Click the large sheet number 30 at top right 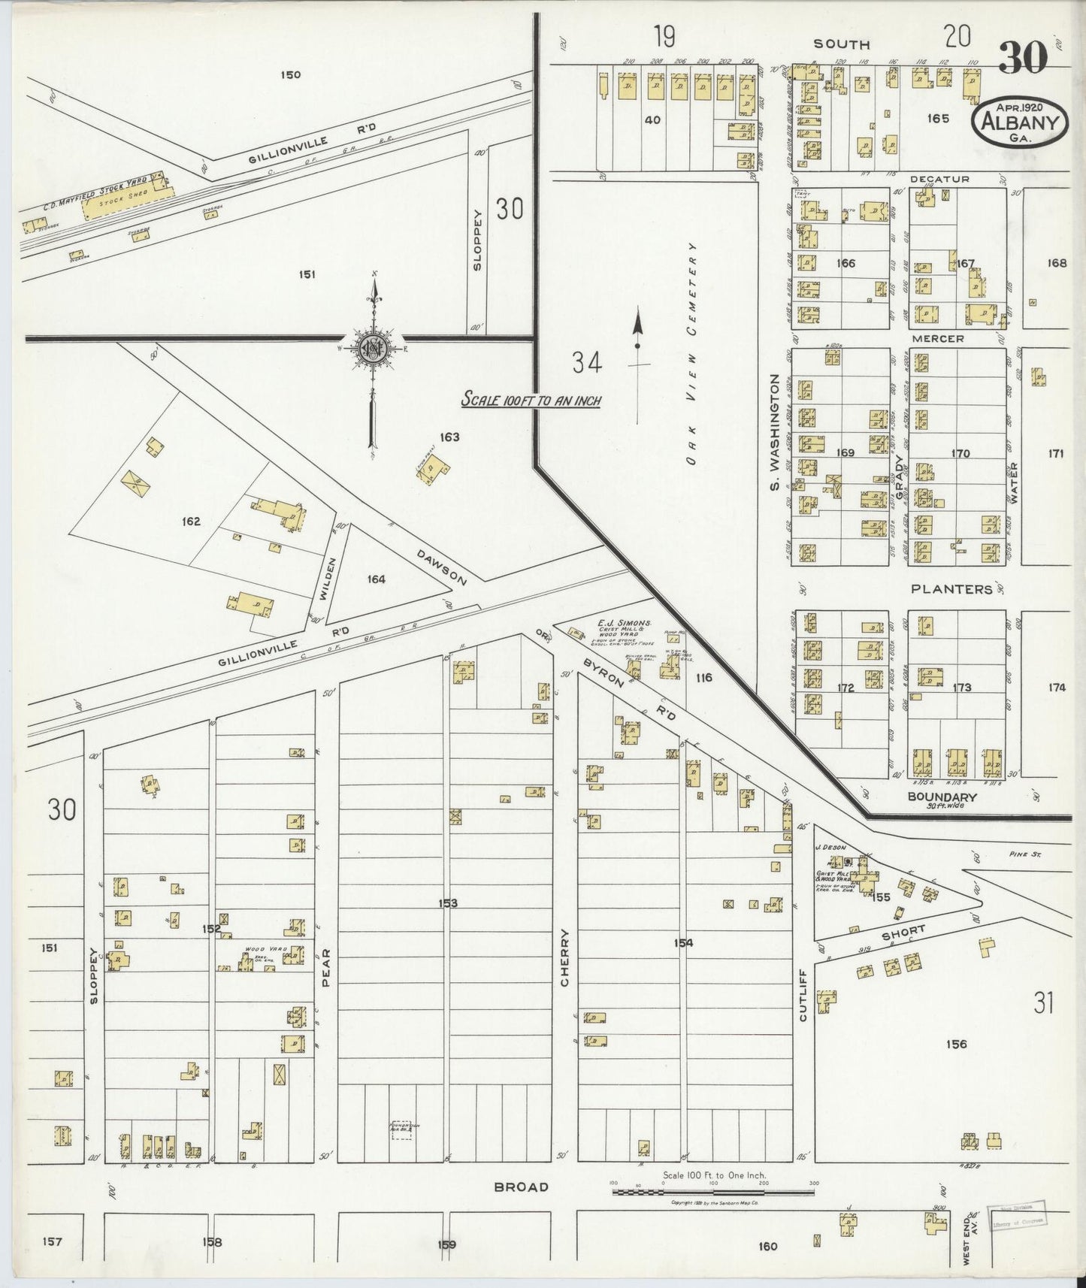click(x=1023, y=58)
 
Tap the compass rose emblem click(x=373, y=348)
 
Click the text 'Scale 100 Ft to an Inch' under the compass click(x=531, y=401)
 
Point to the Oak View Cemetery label click(x=692, y=353)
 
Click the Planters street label click(x=951, y=589)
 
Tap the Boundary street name click(x=942, y=797)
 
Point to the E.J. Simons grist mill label click(x=623, y=624)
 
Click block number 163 click(x=450, y=437)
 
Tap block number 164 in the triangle click(x=376, y=579)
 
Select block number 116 click(x=703, y=678)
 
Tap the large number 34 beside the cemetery click(x=587, y=364)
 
